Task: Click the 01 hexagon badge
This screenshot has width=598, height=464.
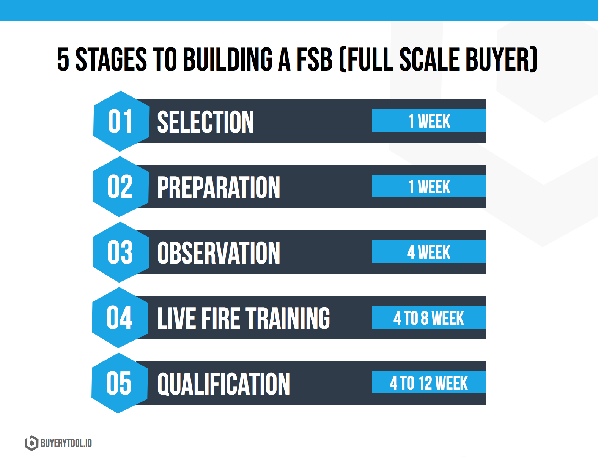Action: (121, 121)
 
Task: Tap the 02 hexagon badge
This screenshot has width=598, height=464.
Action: (121, 187)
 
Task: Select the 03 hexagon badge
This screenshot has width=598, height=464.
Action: (121, 252)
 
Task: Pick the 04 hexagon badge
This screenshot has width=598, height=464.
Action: (120, 318)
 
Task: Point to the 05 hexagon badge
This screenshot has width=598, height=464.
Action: (120, 383)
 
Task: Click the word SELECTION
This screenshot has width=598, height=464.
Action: (205, 122)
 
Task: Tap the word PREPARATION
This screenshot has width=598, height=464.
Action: (219, 187)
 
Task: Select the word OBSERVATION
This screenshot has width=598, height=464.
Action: (219, 253)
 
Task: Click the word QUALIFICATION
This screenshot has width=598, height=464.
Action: (223, 384)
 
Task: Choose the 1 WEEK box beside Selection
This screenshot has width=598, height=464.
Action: (429, 121)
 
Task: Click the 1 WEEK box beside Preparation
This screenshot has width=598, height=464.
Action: (429, 186)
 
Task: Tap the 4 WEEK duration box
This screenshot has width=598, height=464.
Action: (429, 252)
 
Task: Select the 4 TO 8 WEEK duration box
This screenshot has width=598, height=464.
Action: (429, 317)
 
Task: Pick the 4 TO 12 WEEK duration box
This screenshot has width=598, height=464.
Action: (429, 382)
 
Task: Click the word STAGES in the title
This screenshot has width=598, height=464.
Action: (111, 59)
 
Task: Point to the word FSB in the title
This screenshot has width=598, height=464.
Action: (315, 59)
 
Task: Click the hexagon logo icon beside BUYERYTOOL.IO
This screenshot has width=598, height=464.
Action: (31, 443)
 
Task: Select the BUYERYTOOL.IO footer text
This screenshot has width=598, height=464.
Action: (66, 443)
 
